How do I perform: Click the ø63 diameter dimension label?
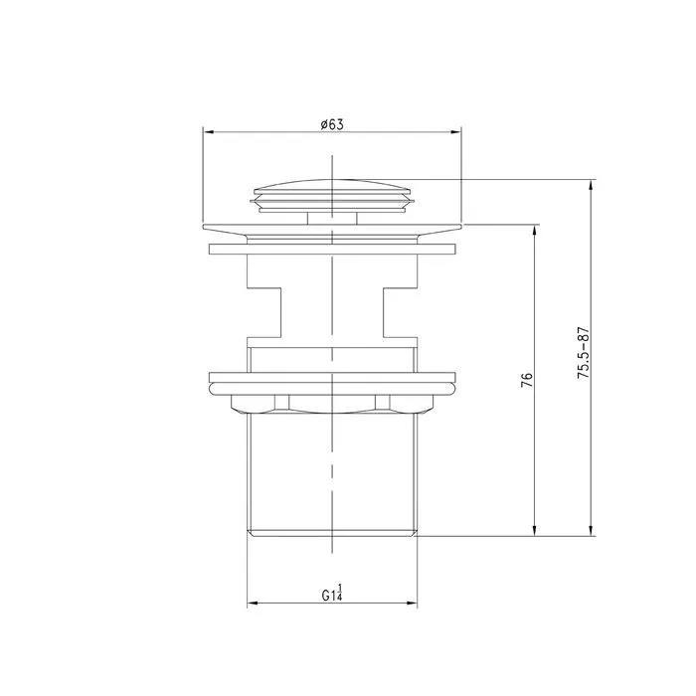point(332,124)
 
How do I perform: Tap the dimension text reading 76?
point(526,380)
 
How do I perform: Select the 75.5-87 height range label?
point(583,353)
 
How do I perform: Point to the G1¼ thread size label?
point(332,593)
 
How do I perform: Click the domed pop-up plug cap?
point(332,196)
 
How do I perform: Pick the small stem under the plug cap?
point(332,219)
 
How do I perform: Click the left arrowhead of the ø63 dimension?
point(209,132)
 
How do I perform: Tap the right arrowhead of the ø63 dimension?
point(456,132)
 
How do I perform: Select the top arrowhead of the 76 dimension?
point(536,231)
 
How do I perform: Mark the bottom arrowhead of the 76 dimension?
point(536,531)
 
